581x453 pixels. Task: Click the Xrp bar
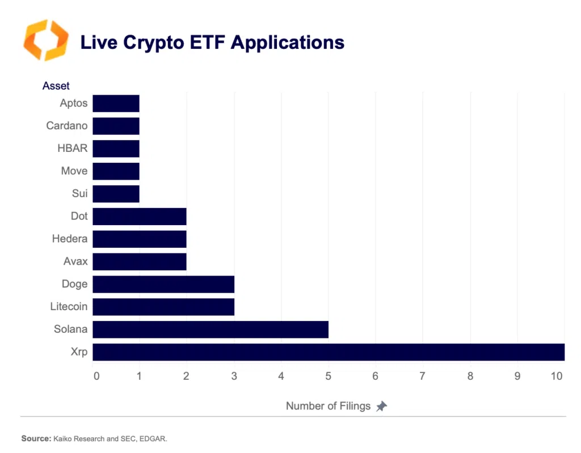pos(328,352)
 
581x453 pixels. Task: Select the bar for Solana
pos(210,329)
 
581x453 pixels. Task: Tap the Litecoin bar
pos(163,307)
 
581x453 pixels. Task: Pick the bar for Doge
pos(163,284)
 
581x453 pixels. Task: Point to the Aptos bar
pos(116,103)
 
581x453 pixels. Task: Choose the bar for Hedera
pos(139,239)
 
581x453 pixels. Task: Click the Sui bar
pos(116,194)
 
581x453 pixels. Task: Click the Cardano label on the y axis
pos(67,126)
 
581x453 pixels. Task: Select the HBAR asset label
pos(72,149)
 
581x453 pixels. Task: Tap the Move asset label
pos(74,171)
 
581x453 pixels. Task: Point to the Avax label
pos(75,261)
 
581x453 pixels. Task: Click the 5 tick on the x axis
pos(327,375)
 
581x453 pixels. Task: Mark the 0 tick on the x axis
pos(96,375)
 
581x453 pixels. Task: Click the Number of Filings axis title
pos(328,406)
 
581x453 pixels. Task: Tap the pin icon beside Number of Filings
pos(381,406)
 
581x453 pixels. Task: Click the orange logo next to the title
pos(45,40)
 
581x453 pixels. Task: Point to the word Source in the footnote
pos(36,438)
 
